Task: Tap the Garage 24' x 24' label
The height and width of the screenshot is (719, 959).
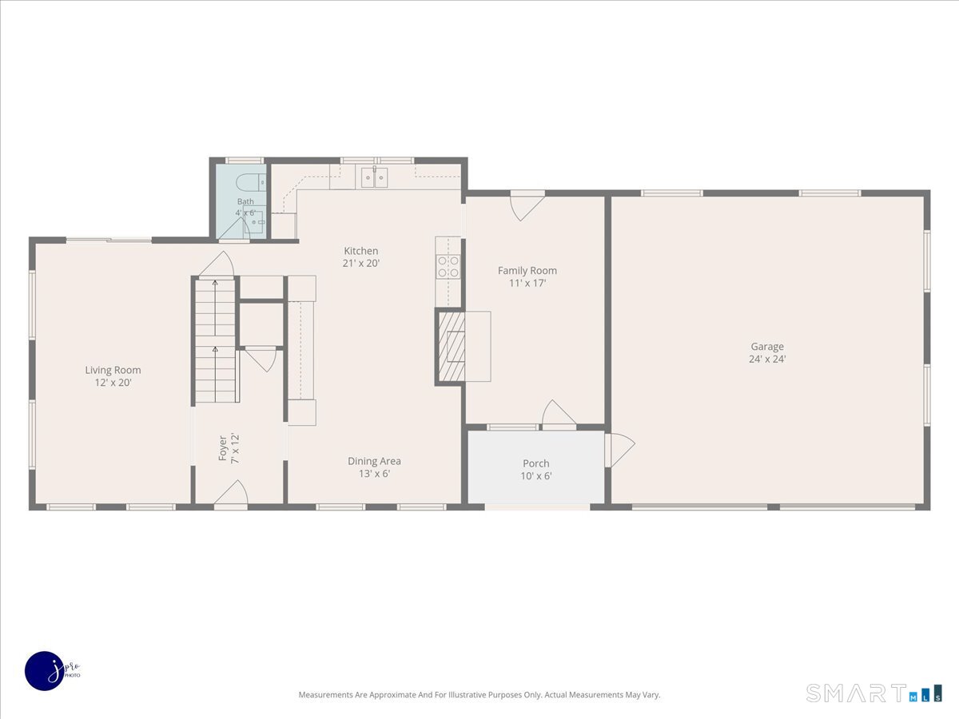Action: (x=767, y=353)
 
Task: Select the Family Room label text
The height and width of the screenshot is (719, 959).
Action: (x=527, y=271)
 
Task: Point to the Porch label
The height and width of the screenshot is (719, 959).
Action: (x=536, y=463)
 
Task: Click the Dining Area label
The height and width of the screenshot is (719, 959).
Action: (x=374, y=461)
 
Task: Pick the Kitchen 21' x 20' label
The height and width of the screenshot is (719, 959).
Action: (x=361, y=256)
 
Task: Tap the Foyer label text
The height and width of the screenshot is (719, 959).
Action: (x=223, y=448)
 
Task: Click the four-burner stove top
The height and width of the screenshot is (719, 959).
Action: (x=448, y=267)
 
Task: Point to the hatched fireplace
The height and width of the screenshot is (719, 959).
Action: (x=452, y=346)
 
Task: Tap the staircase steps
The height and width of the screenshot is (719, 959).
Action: (x=216, y=341)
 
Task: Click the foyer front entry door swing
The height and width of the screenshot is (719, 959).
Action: (x=231, y=495)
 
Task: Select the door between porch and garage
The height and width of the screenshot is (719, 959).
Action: (x=620, y=449)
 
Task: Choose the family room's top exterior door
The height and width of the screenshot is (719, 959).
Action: (x=527, y=206)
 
